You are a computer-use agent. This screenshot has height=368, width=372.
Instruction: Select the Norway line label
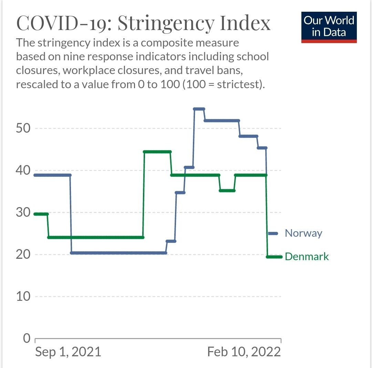(x=303, y=233)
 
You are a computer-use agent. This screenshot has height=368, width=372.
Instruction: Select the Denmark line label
(x=307, y=257)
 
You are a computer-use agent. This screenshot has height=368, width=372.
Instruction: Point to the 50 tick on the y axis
(x=23, y=128)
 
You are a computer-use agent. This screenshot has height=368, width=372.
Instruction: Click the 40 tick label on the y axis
(x=23, y=170)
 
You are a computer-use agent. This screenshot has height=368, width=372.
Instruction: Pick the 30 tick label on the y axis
(x=23, y=212)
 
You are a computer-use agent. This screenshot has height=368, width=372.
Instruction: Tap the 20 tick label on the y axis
(x=23, y=254)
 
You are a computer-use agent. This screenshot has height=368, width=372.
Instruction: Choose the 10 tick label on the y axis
(x=23, y=296)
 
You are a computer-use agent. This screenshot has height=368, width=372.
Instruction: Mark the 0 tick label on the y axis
(x=27, y=338)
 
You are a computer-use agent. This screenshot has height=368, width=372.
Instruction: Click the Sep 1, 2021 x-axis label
(x=68, y=352)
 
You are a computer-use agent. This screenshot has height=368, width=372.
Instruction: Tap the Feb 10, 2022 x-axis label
(x=244, y=352)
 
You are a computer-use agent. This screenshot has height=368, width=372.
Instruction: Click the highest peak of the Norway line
(x=199, y=109)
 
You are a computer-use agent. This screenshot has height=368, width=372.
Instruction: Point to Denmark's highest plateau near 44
(x=157, y=152)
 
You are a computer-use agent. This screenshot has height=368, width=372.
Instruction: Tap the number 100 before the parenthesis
(x=170, y=84)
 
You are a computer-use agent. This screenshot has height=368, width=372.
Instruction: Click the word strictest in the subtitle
(x=234, y=84)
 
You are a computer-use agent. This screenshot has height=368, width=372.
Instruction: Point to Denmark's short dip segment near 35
(x=227, y=190)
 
